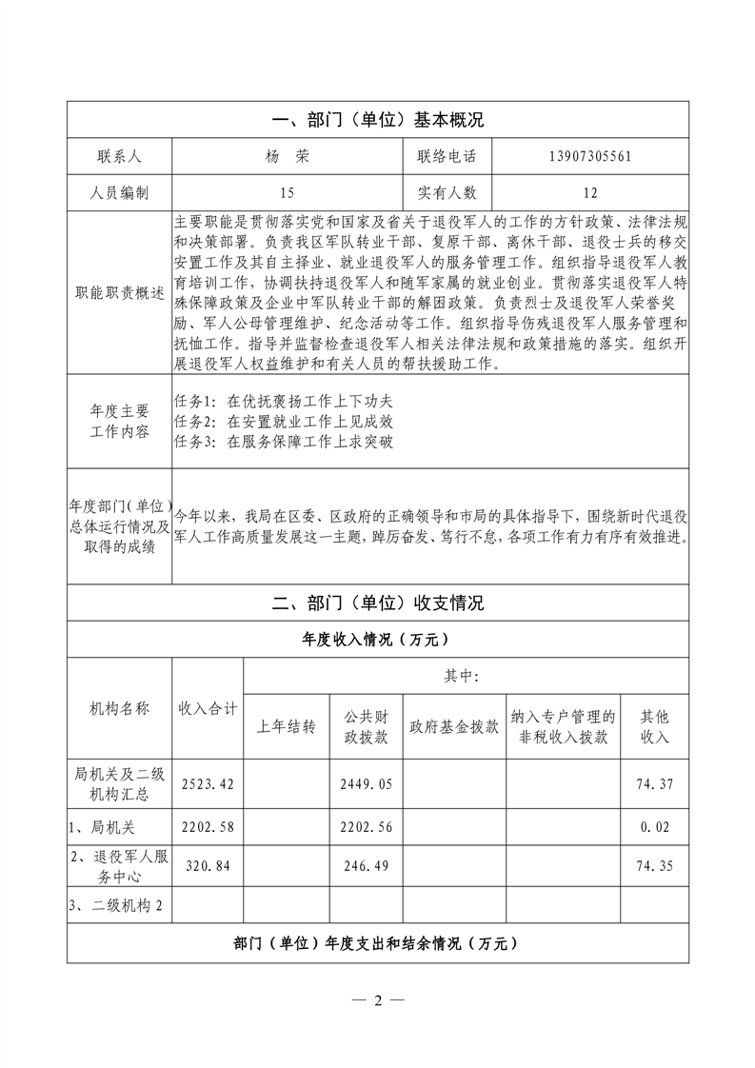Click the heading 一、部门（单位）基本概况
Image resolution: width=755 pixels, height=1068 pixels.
(x=377, y=120)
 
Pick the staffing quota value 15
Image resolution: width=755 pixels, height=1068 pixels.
(x=283, y=193)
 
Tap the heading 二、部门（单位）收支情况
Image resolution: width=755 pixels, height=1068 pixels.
(x=377, y=603)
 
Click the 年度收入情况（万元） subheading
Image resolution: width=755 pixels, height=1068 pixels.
(x=377, y=639)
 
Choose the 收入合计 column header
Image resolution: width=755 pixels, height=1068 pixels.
(x=208, y=708)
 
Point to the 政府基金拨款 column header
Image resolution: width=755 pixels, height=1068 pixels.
(x=454, y=727)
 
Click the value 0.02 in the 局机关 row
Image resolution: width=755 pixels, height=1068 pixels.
(x=656, y=827)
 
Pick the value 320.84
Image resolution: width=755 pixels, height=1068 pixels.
(x=208, y=865)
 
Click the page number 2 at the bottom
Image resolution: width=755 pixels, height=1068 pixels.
(x=377, y=1000)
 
